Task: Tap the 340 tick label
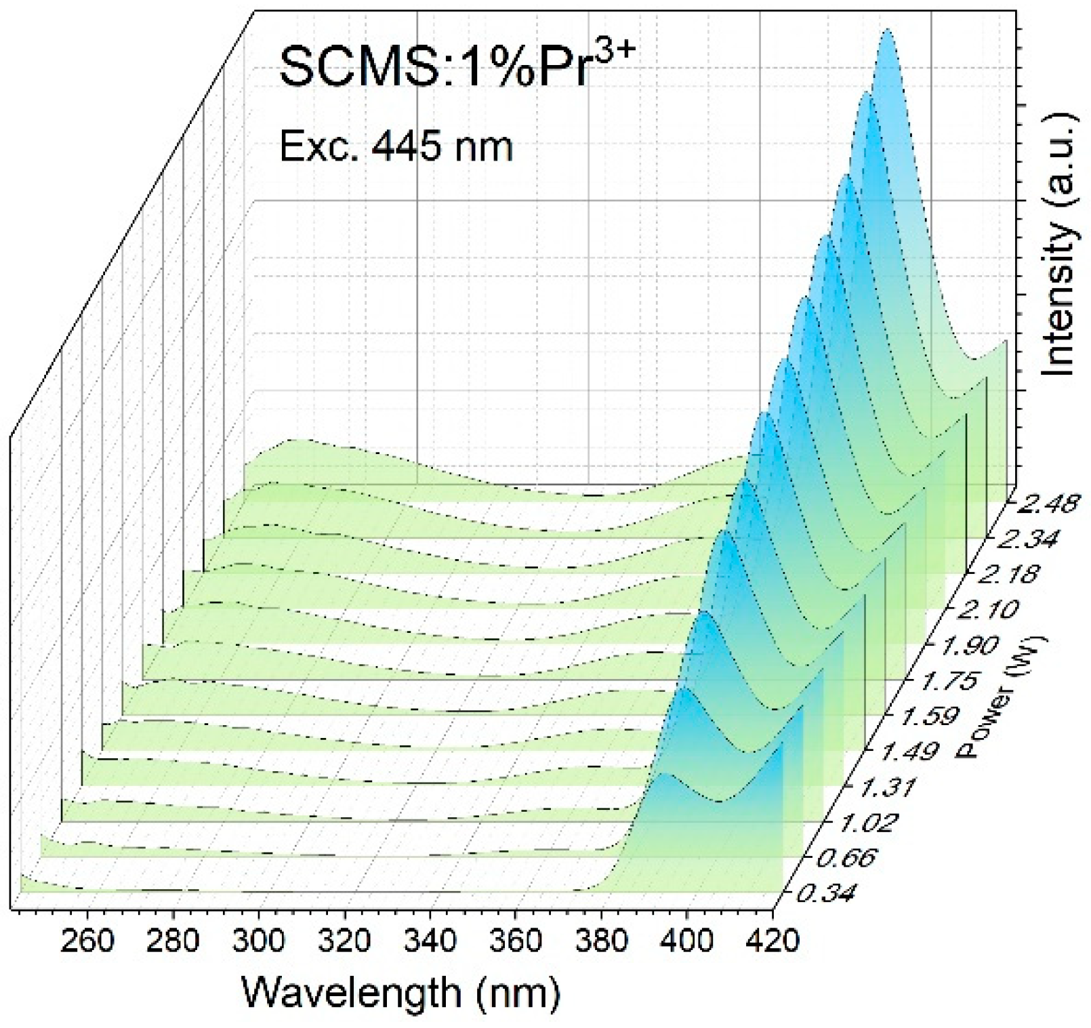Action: click(x=431, y=942)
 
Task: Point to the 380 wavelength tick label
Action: click(x=602, y=942)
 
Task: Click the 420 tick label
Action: click(x=774, y=942)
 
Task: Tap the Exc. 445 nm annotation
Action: click(x=396, y=146)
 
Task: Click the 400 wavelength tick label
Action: click(x=688, y=942)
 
